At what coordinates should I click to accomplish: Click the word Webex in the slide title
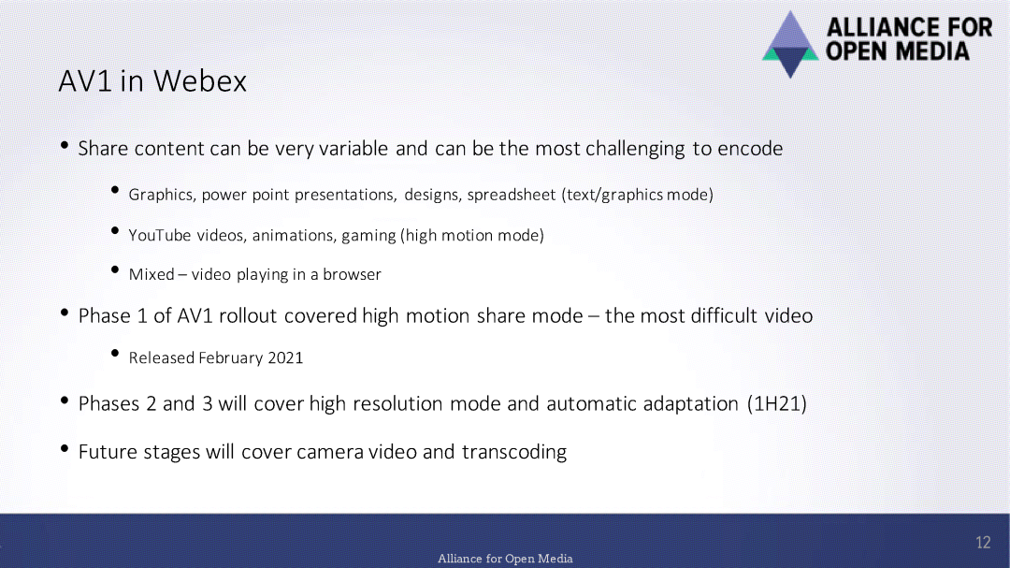pos(200,81)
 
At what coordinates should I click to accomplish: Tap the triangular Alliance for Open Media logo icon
pos(790,45)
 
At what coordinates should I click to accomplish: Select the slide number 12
pos(983,543)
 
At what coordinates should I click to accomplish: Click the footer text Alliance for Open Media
pos(505,559)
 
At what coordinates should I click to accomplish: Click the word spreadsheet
pos(512,195)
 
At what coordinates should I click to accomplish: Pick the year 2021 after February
pos(285,357)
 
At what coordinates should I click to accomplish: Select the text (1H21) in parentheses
pos(777,403)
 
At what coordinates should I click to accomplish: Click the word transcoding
pos(514,452)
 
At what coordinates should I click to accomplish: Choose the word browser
pos(352,275)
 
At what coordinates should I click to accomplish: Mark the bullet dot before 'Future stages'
pos(65,448)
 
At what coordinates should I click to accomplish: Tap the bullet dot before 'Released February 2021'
pos(115,353)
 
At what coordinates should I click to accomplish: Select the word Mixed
pos(151,275)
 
